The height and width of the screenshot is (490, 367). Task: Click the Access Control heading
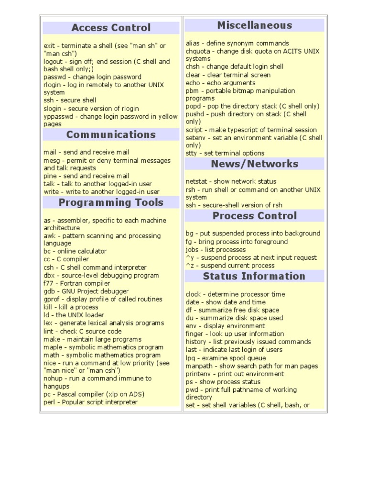pos(111,28)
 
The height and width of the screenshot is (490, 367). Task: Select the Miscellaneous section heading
pos(254,25)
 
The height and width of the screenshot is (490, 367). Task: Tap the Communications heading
pos(111,134)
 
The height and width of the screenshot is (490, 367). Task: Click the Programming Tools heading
pos(111,202)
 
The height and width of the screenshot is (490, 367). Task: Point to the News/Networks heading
pos(254,164)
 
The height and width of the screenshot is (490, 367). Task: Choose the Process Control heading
pos(254,216)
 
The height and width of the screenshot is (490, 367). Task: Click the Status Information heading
pos(254,276)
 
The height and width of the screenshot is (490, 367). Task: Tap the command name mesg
pos(51,160)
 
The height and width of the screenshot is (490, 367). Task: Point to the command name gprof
pos(52,299)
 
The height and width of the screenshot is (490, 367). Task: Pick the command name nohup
pos(53,378)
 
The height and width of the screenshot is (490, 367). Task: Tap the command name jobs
pos(192,249)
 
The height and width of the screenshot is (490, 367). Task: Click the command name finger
pos(194,334)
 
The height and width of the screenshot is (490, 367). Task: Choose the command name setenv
pos(195,138)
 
